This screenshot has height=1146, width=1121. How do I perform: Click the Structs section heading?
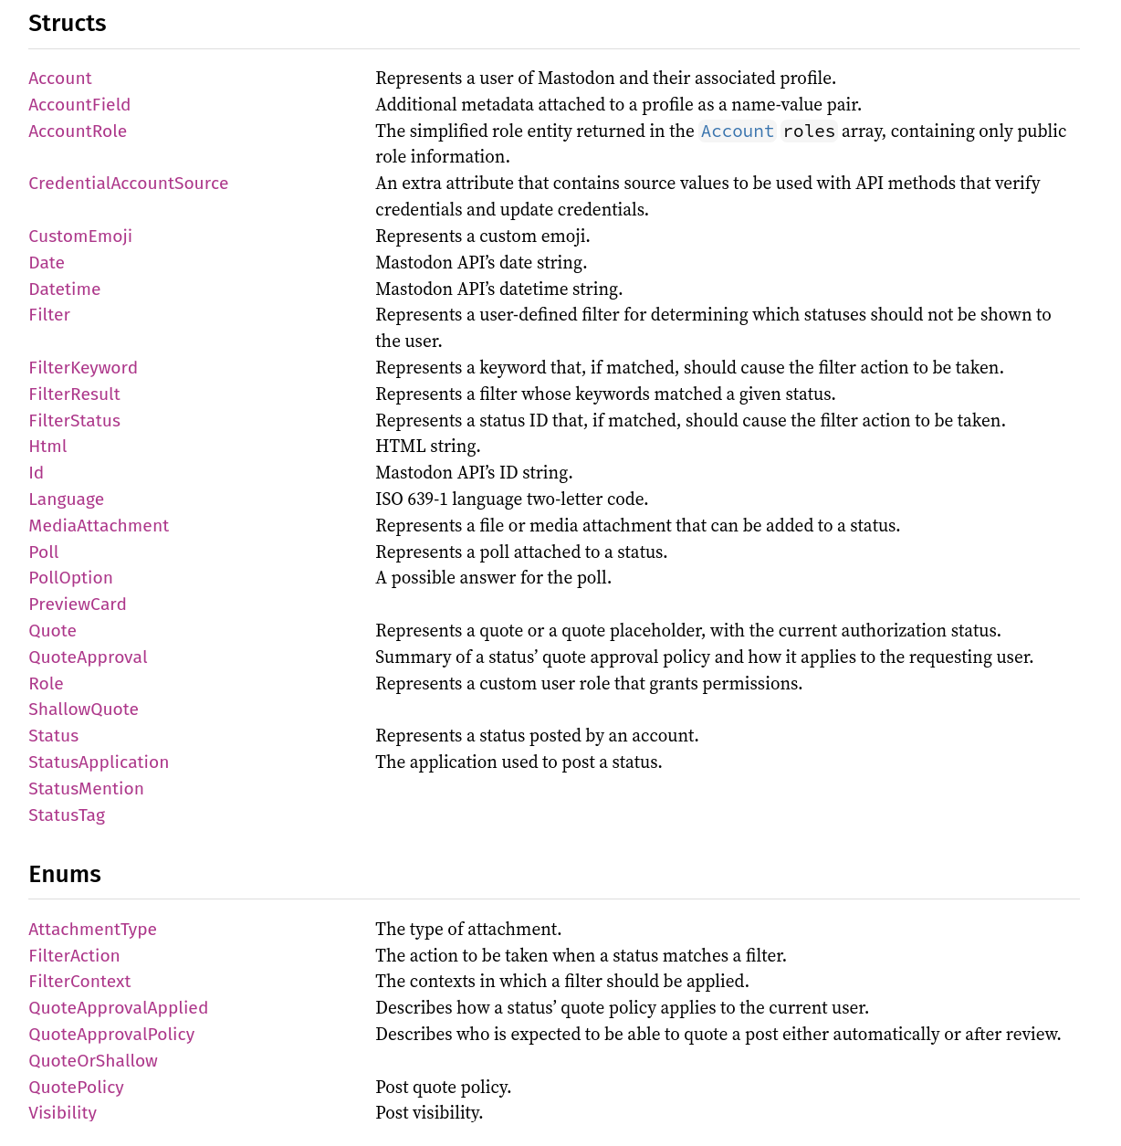(68, 24)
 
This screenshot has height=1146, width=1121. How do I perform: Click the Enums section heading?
(65, 874)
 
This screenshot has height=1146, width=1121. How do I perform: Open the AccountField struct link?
(79, 104)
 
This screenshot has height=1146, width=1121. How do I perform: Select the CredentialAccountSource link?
(128, 183)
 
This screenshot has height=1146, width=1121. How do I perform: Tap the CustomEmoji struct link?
(80, 236)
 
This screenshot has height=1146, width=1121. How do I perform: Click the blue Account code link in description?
(737, 131)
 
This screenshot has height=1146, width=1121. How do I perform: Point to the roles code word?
(809, 131)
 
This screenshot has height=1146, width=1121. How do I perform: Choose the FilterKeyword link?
(83, 367)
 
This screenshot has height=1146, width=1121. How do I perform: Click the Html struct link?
(47, 446)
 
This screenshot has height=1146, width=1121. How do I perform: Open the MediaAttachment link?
(99, 525)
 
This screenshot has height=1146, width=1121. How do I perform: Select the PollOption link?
(70, 577)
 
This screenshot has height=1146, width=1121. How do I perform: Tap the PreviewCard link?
(78, 604)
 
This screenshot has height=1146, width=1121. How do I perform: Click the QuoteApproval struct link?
(88, 657)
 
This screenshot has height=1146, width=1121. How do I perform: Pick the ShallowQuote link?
(83, 709)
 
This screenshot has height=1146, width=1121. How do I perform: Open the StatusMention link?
(86, 788)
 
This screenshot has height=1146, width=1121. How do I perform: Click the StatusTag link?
(67, 815)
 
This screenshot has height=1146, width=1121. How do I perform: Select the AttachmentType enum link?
(92, 929)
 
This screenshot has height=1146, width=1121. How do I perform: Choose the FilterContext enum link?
(79, 981)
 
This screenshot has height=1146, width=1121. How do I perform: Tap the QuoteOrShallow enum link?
(93, 1060)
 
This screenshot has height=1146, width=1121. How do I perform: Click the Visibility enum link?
(62, 1112)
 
